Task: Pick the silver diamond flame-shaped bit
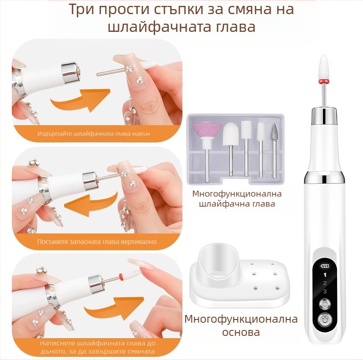[x=275, y=132]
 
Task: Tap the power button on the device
[x=325, y=320]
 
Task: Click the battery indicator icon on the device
[x=324, y=266]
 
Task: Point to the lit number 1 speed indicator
[x=325, y=275]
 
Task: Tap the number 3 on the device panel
[x=325, y=291]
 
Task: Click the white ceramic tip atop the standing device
[x=324, y=66]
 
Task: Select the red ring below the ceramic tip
[x=324, y=81]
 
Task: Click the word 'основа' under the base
[x=241, y=332]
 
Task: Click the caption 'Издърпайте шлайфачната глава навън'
[x=94, y=134]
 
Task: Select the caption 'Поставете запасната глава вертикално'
[x=97, y=242]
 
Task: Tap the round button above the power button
[x=325, y=304]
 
